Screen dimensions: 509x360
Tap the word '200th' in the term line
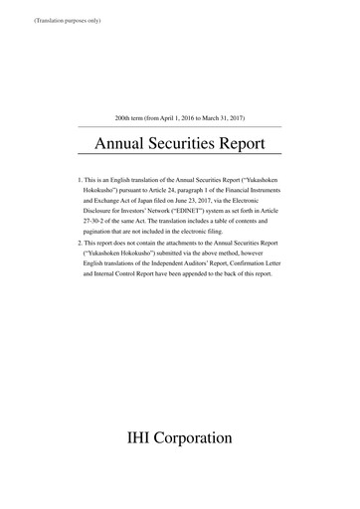tap(126, 117)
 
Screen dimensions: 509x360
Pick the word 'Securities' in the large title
tap(186, 145)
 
